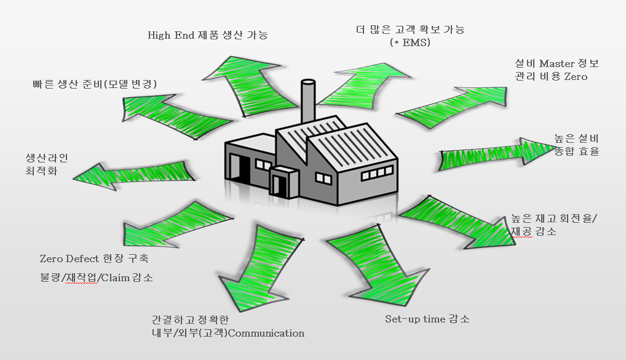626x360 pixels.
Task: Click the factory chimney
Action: pos(307,101)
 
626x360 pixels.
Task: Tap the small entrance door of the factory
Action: pos(276,185)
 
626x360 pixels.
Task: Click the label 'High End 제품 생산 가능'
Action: pos(208,35)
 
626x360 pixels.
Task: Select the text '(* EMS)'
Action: pos(410,42)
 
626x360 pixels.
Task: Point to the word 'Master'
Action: pos(557,63)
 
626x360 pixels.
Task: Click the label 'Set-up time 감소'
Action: pos(427,319)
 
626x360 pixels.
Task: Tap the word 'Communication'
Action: pos(266,333)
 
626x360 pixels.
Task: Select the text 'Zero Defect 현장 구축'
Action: pos(94,258)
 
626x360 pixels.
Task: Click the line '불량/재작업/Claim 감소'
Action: pos(96,278)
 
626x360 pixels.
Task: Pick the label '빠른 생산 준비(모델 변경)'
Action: pos(95,84)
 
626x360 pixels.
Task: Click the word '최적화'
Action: pos(42,171)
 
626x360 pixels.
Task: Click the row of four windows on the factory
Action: pos(376,173)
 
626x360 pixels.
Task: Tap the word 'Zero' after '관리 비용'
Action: pos(576,77)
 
